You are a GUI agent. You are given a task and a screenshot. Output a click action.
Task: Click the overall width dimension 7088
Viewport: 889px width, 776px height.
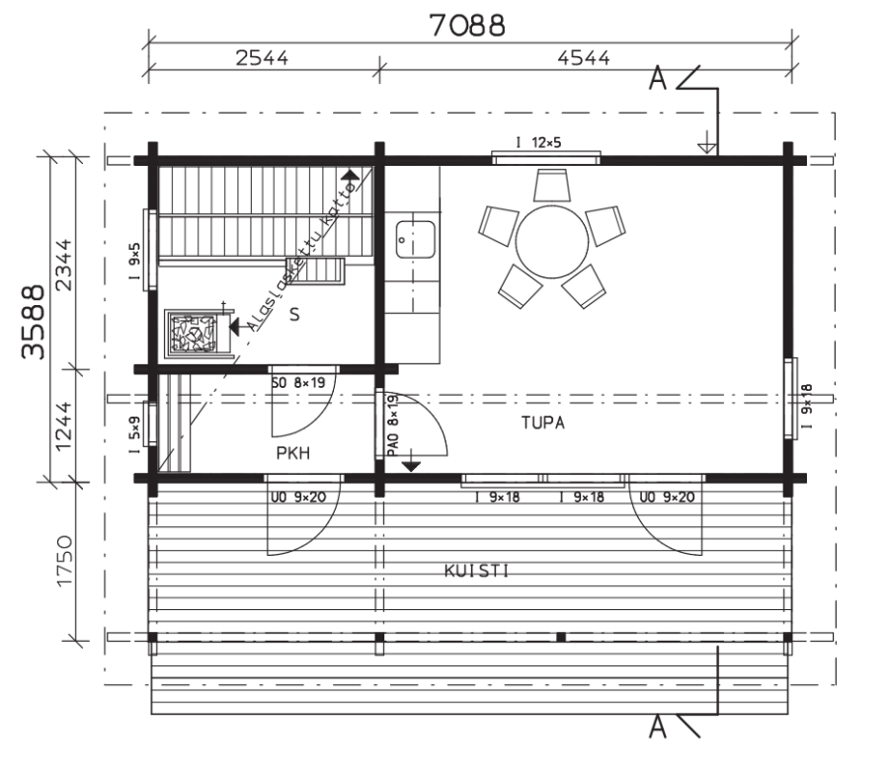tap(466, 26)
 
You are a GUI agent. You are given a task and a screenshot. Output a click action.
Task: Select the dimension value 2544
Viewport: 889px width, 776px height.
tap(262, 58)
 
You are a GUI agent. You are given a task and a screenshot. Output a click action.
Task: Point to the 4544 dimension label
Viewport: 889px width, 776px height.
tap(584, 58)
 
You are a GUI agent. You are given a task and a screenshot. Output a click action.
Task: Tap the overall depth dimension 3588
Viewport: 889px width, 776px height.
tap(33, 322)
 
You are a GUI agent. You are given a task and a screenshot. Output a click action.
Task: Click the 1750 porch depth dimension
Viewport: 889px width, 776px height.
tap(64, 561)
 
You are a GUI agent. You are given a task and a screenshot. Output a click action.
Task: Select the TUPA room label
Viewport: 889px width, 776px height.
tap(543, 423)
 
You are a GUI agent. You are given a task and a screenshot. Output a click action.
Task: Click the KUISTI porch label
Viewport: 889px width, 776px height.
tap(476, 571)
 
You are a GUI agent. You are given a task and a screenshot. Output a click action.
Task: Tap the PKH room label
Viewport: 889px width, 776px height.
tap(293, 453)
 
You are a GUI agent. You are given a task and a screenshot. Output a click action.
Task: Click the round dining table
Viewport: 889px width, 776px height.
tap(552, 242)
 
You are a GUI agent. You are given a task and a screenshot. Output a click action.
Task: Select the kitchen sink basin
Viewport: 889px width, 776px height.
tap(416, 240)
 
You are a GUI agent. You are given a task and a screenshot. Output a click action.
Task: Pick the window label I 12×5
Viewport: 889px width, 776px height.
tap(538, 142)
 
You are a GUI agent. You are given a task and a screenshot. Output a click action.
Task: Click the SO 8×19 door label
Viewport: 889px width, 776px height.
tap(298, 383)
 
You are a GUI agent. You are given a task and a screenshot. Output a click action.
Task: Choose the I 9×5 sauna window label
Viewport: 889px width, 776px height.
tap(135, 262)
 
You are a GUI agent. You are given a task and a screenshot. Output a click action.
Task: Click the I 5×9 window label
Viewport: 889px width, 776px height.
tap(135, 435)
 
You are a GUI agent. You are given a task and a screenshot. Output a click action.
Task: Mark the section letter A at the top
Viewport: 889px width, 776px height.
tap(658, 78)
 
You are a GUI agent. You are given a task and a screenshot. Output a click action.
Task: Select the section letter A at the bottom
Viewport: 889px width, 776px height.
tap(658, 726)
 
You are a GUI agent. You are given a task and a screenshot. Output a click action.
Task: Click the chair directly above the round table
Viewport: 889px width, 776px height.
tap(551, 185)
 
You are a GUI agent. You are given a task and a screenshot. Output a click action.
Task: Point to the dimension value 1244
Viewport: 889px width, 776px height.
tap(64, 427)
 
